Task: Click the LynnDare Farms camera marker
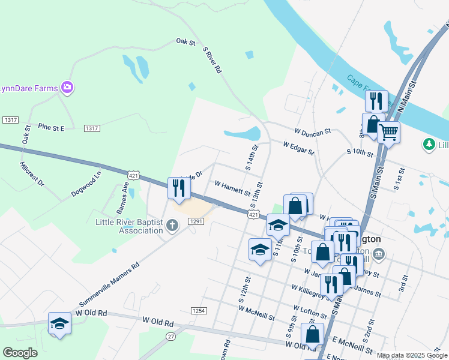67,88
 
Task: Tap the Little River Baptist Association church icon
172,226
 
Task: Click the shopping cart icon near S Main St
388,131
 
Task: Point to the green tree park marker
429,144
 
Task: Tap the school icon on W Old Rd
59,323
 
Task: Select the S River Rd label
212,60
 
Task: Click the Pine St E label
51,127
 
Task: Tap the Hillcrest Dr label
32,173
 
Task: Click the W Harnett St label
232,188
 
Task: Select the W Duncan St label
312,131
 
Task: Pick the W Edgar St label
299,148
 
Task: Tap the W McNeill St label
256,313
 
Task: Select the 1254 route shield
199,310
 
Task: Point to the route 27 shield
171,336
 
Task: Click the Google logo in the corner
20,353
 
